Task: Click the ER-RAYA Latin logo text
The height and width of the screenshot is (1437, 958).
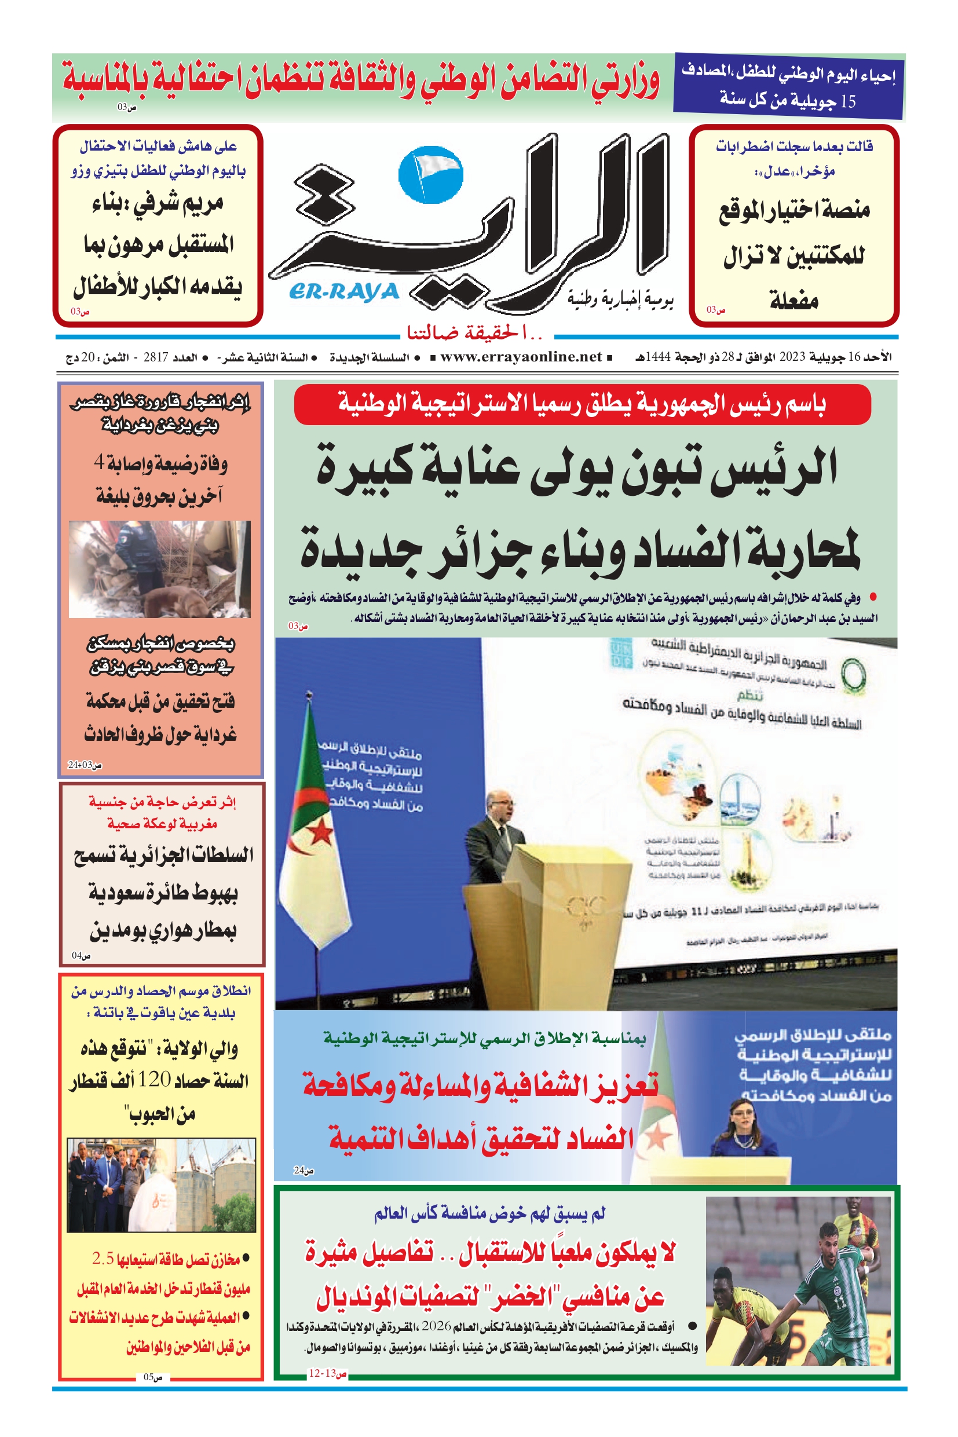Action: pyautogui.click(x=344, y=292)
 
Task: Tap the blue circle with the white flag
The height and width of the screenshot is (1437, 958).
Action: pyautogui.click(x=431, y=175)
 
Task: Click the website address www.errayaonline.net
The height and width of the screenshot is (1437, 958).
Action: pyautogui.click(x=521, y=357)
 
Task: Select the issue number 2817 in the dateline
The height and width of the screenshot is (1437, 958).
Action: pyautogui.click(x=155, y=357)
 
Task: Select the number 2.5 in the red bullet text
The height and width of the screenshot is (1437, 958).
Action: pyautogui.click(x=103, y=1258)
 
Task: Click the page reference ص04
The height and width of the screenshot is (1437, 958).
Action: pyautogui.click(x=81, y=955)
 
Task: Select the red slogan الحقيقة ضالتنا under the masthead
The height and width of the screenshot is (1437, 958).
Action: pyautogui.click(x=474, y=333)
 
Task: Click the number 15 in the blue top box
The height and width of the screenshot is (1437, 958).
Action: pyautogui.click(x=847, y=101)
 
